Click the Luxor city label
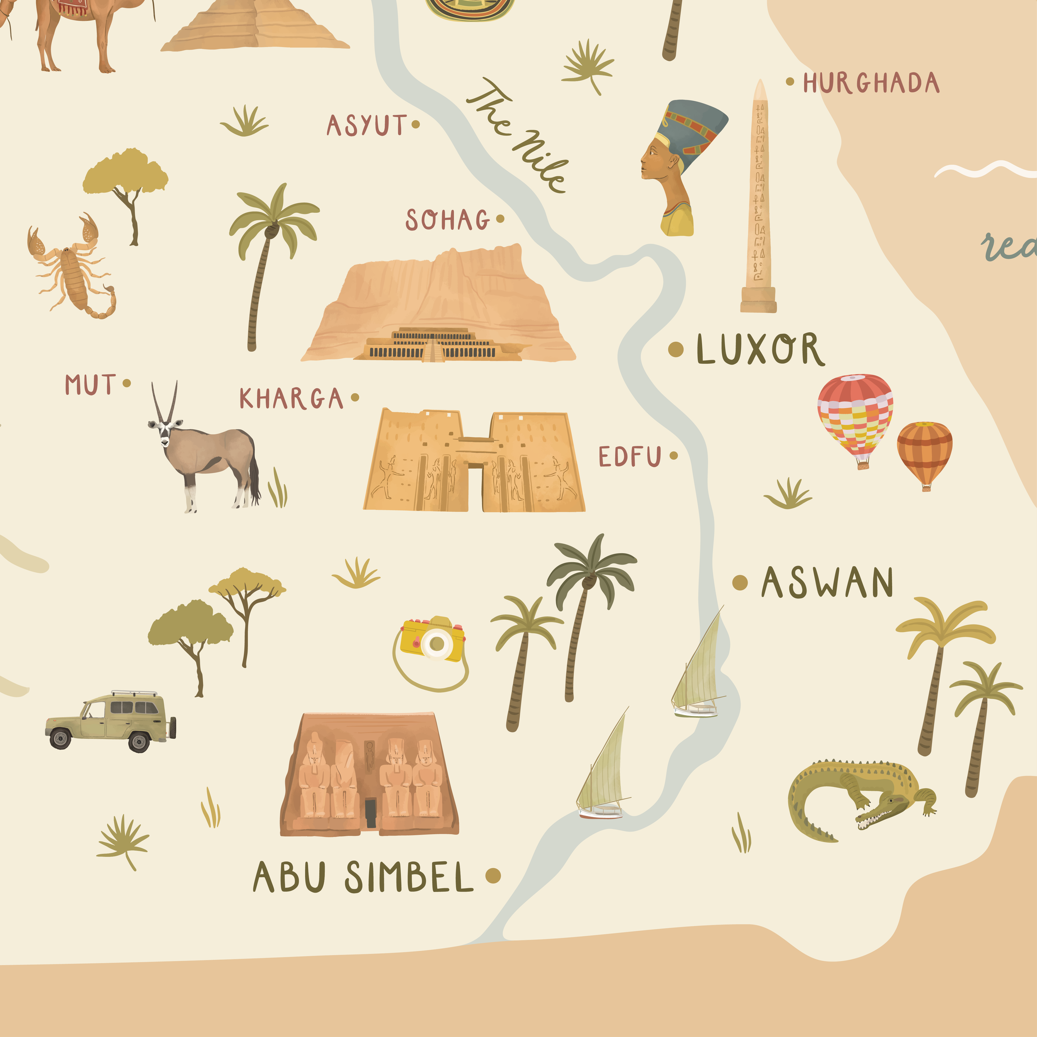pos(760,349)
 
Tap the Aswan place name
pos(827,582)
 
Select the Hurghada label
pos(871,83)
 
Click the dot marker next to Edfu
pos(674,456)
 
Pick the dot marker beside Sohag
pos(500,219)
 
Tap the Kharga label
pos(291,399)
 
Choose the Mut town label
pos(90,385)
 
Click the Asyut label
pos(367,126)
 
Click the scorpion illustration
pos(73,268)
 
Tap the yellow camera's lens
pos(436,643)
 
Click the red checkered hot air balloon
pos(854,416)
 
